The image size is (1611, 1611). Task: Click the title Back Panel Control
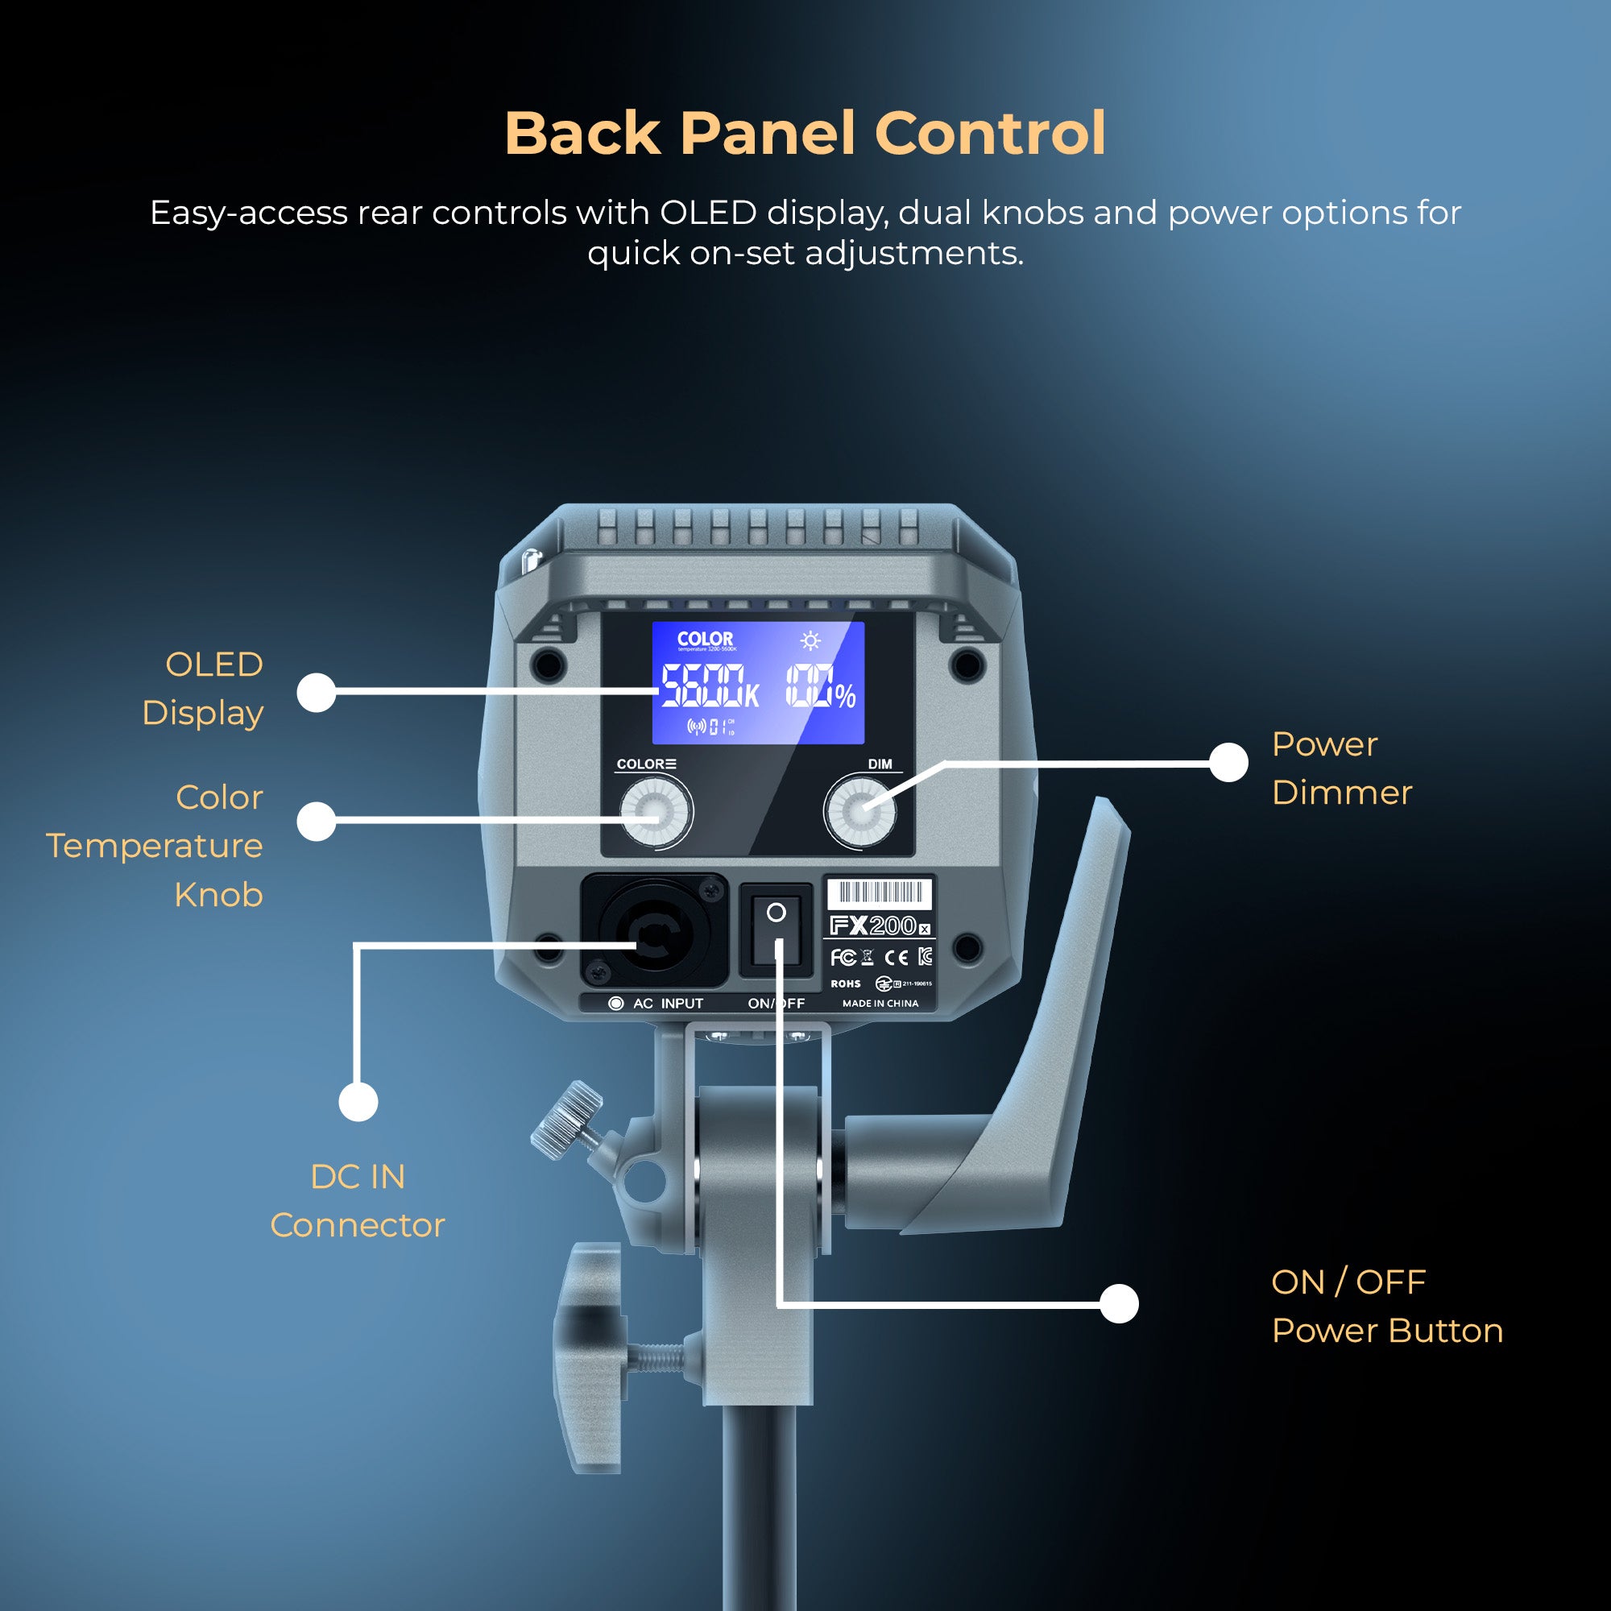[x=805, y=134]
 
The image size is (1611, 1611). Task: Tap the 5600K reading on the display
[x=709, y=686]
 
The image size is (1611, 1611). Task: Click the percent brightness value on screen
[x=821, y=686]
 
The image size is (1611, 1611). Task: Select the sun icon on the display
[x=810, y=640]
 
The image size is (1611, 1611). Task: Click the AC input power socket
[x=655, y=930]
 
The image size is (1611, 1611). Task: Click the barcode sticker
[x=879, y=893]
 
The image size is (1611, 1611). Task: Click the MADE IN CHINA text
[x=880, y=1003]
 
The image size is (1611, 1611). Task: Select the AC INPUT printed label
[x=667, y=1003]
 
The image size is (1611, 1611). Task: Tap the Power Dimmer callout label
[x=1341, y=768]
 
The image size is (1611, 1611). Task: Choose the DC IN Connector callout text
[x=358, y=1201]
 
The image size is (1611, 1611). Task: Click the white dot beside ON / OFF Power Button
[x=1119, y=1303]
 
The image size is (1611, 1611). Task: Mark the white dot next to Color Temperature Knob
[x=316, y=822]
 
